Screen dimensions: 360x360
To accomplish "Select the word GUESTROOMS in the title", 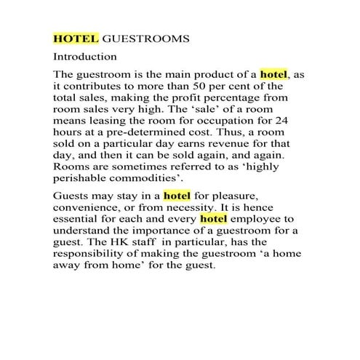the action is click(x=146, y=38).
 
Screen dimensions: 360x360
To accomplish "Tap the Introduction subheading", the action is click(x=85, y=56).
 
